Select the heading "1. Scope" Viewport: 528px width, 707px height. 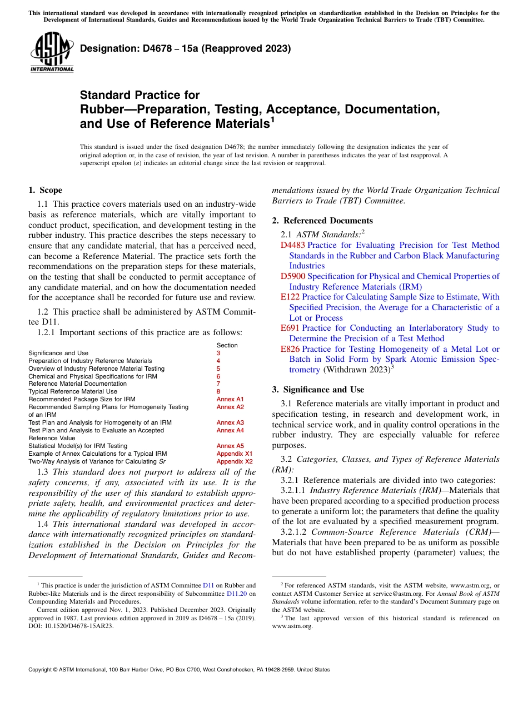(45, 190)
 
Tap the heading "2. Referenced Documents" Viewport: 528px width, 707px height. (322, 221)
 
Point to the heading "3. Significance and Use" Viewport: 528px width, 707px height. (318, 390)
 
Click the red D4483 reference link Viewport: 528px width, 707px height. (292, 245)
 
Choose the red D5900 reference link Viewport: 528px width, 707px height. (292, 276)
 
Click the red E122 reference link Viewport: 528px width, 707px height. (290, 297)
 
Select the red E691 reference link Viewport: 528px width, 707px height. (290, 328)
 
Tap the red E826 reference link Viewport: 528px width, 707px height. (290, 349)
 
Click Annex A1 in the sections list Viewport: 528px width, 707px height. (230, 399)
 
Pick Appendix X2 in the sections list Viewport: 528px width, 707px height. (234, 461)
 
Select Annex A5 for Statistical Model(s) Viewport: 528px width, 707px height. (230, 446)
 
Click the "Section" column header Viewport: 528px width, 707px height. (227, 345)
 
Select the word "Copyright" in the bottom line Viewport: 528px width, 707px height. (42, 670)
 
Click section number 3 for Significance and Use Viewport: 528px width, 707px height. (218, 353)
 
